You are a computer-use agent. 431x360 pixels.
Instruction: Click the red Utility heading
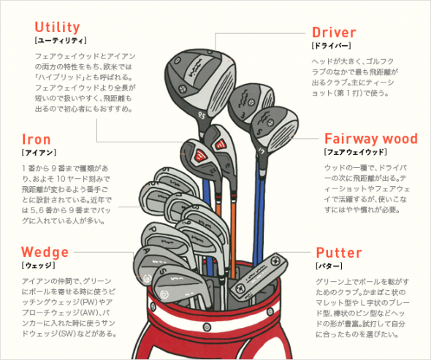(x=57, y=28)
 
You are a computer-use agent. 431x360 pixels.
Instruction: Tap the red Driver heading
(x=334, y=32)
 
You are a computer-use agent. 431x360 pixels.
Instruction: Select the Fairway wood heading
(x=371, y=139)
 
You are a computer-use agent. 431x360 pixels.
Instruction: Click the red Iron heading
(x=37, y=139)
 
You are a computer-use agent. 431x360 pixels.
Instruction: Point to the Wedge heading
(x=45, y=252)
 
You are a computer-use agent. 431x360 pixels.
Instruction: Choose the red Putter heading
(x=339, y=253)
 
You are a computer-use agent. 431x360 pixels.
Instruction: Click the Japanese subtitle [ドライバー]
(x=331, y=45)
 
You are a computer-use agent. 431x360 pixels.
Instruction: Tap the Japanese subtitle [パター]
(x=329, y=266)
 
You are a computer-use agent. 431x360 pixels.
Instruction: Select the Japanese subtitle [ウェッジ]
(x=38, y=265)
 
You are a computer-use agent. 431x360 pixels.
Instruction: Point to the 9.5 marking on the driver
(x=201, y=115)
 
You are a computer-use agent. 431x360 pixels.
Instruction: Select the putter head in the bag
(x=259, y=276)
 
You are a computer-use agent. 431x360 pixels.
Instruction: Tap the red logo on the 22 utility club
(x=200, y=156)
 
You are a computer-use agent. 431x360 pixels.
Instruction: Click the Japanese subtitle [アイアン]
(x=39, y=152)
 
